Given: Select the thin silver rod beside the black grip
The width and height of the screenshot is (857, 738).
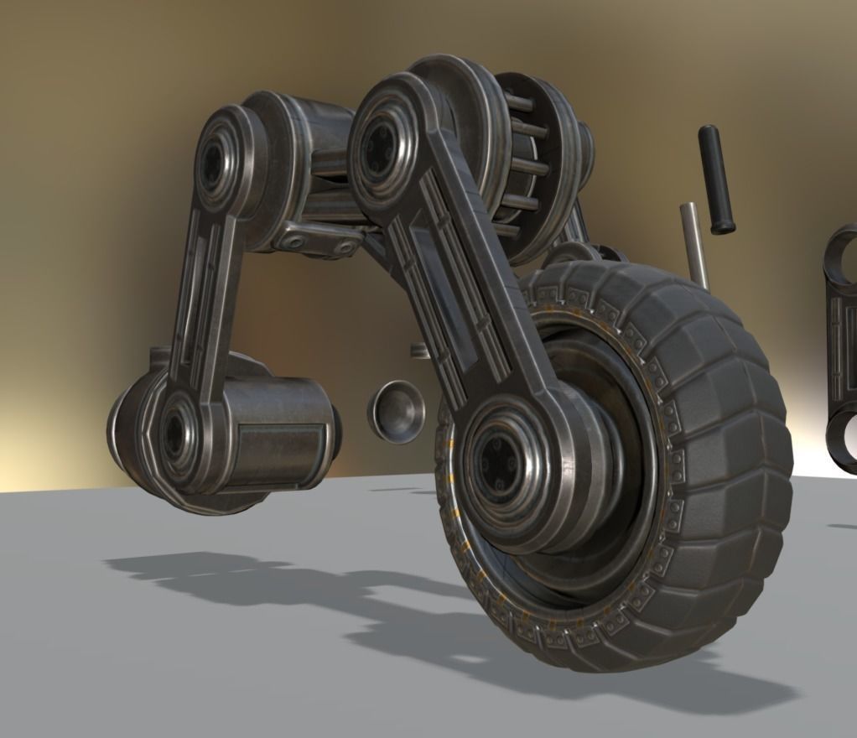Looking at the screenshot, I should pos(693,244).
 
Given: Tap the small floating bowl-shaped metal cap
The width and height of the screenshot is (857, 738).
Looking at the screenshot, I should pos(395,410).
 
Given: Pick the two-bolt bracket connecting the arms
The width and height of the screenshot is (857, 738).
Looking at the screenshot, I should pos(319,240).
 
